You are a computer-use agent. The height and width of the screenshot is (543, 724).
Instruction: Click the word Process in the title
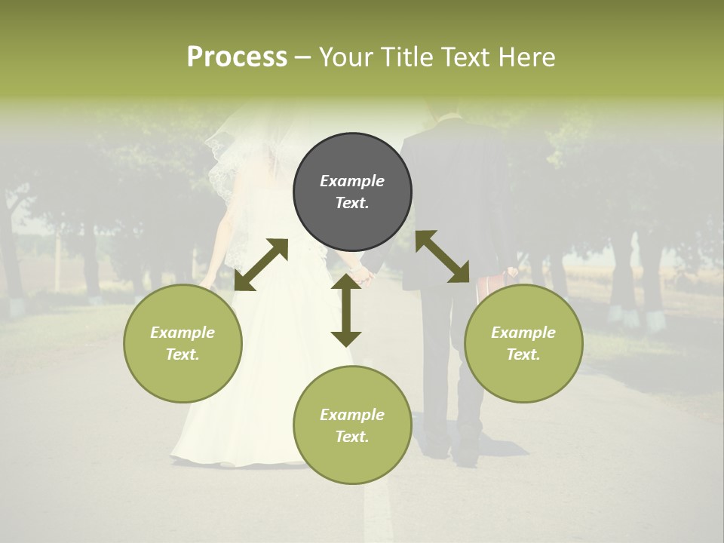coord(237,57)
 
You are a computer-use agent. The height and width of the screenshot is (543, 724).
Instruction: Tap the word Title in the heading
coord(408,57)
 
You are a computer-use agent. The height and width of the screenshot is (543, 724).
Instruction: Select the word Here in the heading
coord(527,57)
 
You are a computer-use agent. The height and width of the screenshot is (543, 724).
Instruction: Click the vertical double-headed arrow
coord(346,310)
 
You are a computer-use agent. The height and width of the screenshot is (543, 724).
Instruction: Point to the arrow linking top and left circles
coord(261,265)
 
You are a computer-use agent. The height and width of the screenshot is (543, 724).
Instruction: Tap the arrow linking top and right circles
coord(442,257)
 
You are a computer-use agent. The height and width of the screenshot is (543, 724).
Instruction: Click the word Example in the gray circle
coord(352,181)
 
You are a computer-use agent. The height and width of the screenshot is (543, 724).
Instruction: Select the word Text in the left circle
coord(182,354)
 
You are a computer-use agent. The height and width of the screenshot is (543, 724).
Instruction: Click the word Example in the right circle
coord(523,333)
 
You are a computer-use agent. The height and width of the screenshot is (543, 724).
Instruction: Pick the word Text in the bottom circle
coord(351,437)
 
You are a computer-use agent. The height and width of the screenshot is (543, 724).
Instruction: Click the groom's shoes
coord(452,449)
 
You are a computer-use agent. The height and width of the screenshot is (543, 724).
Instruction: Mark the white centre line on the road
coord(377,513)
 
